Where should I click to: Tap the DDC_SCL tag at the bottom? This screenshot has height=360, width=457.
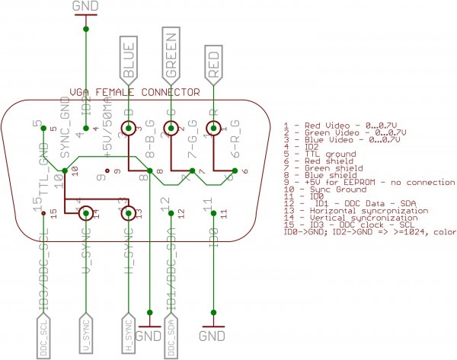pyautogui.click(x=44, y=336)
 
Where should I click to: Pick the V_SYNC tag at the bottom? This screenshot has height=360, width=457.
pyautogui.click(x=87, y=336)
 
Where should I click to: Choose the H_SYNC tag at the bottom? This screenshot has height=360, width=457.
pyautogui.click(x=129, y=336)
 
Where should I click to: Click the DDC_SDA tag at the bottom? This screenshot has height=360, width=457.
pyautogui.click(x=172, y=336)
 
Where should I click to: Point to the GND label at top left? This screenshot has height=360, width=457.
pyautogui.click(x=86, y=7)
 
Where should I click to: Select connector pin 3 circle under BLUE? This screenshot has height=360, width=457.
pyautogui.click(x=129, y=129)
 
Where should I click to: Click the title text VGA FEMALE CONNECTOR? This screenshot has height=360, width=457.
pyautogui.click(x=134, y=92)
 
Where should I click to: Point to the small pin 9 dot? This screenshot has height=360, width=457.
pyautogui.click(x=107, y=171)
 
